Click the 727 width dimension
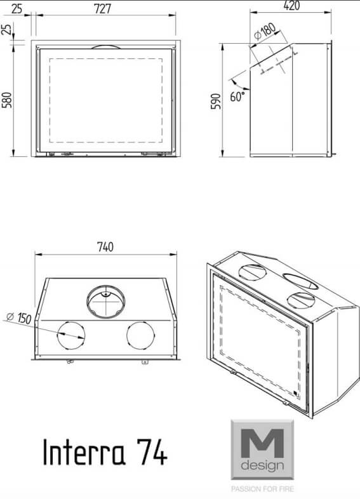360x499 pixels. click(x=102, y=9)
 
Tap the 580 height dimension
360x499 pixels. click(x=7, y=100)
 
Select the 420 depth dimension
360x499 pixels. click(x=291, y=6)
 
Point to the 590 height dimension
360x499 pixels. click(x=216, y=101)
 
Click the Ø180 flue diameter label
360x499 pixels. click(x=265, y=31)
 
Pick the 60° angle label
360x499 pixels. click(x=237, y=96)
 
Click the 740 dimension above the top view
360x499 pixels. click(x=105, y=247)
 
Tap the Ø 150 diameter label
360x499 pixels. click(x=19, y=317)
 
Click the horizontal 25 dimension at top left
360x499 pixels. click(x=17, y=9)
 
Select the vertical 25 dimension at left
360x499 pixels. click(x=7, y=29)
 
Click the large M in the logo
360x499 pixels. click(x=262, y=443)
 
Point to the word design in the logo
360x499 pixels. click(x=262, y=466)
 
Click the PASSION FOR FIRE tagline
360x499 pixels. click(x=263, y=489)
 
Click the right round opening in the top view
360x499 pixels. click(x=140, y=335)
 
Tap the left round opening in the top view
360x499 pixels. click(x=71, y=335)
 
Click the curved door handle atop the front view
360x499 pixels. click(x=105, y=46)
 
